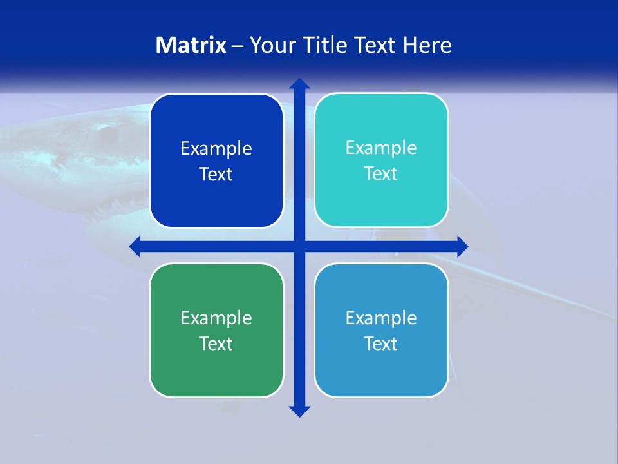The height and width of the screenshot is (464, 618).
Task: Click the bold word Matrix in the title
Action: pyautogui.click(x=191, y=45)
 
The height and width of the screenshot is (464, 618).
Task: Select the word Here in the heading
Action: pyautogui.click(x=427, y=45)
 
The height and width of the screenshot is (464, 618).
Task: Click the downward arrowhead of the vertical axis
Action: pyautogui.click(x=299, y=411)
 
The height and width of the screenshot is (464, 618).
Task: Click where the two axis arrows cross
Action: pyautogui.click(x=299, y=246)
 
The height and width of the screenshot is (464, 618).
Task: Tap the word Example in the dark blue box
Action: pyautogui.click(x=216, y=149)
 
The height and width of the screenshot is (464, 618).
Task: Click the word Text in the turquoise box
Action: pyautogui.click(x=381, y=174)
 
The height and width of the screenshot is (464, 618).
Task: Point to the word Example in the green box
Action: pyautogui.click(x=216, y=318)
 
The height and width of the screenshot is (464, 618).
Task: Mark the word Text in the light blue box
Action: pyautogui.click(x=381, y=344)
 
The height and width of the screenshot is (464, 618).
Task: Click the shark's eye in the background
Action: pyautogui.click(x=108, y=134)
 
